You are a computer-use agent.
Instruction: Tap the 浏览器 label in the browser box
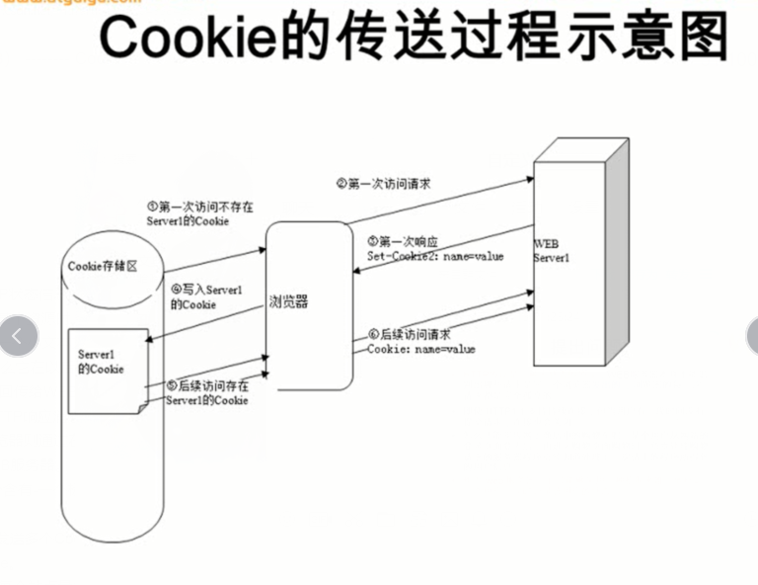click(288, 301)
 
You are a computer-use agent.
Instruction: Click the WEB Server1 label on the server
click(552, 249)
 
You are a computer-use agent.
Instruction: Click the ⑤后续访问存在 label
click(207, 386)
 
